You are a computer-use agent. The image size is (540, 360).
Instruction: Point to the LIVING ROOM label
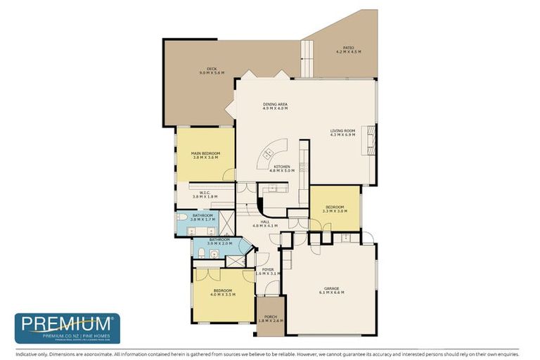[x=343, y=130]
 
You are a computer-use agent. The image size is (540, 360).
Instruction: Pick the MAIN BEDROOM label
[x=205, y=153]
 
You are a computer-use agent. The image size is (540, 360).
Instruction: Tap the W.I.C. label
[x=205, y=193]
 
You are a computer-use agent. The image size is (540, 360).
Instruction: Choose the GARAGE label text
[x=331, y=288]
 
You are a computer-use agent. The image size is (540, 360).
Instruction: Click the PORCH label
[x=270, y=317]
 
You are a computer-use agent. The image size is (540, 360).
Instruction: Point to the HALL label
[x=265, y=221]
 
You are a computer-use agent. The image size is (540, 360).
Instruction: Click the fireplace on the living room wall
[x=374, y=134]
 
